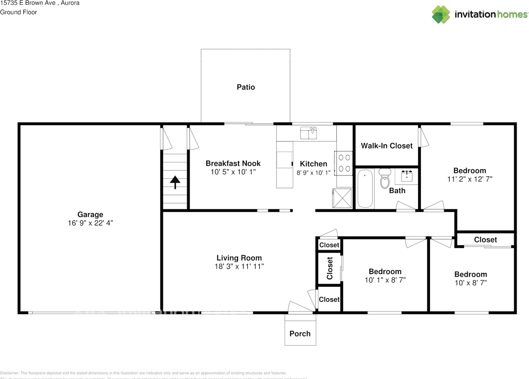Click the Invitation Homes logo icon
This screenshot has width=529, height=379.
pyautogui.click(x=441, y=14)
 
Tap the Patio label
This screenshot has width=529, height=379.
pyautogui.click(x=246, y=87)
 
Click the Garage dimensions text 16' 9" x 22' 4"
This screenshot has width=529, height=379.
pyautogui.click(x=90, y=223)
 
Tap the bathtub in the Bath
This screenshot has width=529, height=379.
pyautogui.click(x=365, y=189)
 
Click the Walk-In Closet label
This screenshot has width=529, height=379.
pyautogui.click(x=386, y=146)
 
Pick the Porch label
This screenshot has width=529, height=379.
pyautogui.click(x=300, y=334)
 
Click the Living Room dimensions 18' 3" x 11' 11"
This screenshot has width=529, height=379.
pyautogui.click(x=239, y=267)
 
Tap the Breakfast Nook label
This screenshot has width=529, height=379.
pyautogui.click(x=233, y=163)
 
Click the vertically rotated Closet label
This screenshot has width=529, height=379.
pyautogui.click(x=330, y=268)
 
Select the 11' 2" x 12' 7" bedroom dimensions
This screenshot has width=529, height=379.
pyautogui.click(x=469, y=179)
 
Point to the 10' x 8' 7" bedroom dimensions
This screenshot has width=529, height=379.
pyautogui.click(x=470, y=283)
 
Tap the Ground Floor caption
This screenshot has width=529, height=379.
pyautogui.click(x=19, y=12)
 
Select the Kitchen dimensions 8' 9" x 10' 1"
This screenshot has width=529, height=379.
pyautogui.click(x=313, y=173)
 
